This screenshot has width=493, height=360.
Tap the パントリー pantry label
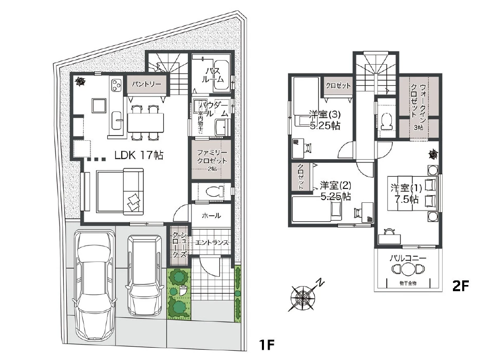[x=146, y=83]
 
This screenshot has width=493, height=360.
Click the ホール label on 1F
[x=212, y=216]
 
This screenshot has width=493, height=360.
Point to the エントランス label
[x=212, y=243]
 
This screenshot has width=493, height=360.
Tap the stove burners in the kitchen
[x=116, y=85]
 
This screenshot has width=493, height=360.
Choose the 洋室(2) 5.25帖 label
[x=335, y=190]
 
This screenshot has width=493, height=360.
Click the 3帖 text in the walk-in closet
[x=420, y=127]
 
